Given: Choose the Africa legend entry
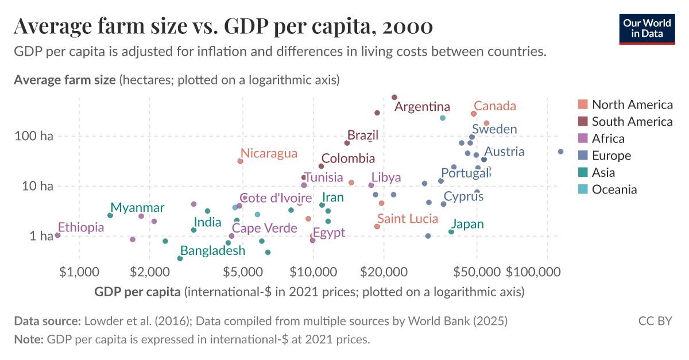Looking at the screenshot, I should (608, 138).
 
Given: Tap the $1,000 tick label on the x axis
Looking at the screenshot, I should (79, 270).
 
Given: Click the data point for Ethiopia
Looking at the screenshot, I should (57, 235).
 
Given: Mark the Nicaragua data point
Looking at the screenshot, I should (240, 161).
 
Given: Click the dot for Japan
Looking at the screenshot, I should (451, 232).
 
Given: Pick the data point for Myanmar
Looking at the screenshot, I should (110, 215).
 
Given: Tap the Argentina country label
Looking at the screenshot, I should (422, 107).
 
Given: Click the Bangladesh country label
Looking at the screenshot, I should (212, 251).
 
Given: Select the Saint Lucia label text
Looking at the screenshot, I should (407, 219).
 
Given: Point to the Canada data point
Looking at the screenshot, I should (474, 114).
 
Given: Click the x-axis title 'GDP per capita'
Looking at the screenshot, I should (137, 292).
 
